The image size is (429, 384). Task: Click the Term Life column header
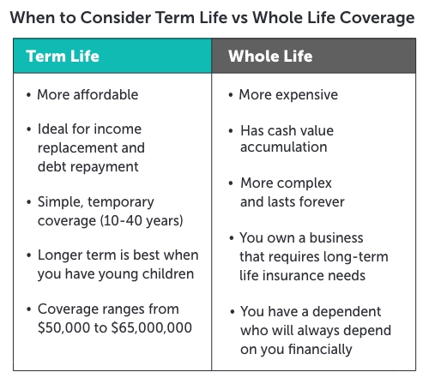[63, 56]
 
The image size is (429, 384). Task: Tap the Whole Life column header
[270, 56]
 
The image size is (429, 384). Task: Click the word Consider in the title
[116, 18]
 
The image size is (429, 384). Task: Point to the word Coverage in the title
[378, 18]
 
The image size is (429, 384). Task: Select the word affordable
[106, 94]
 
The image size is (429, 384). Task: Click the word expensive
[306, 95]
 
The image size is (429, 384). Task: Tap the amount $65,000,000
[152, 327]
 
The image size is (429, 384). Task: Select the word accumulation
[284, 147]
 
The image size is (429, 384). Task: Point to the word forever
[323, 201]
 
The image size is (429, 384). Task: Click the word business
[336, 237]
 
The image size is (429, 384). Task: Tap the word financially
[320, 349]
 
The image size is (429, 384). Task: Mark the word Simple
[60, 202]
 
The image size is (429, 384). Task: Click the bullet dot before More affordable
[28, 95]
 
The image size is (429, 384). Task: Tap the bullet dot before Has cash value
[231, 131]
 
